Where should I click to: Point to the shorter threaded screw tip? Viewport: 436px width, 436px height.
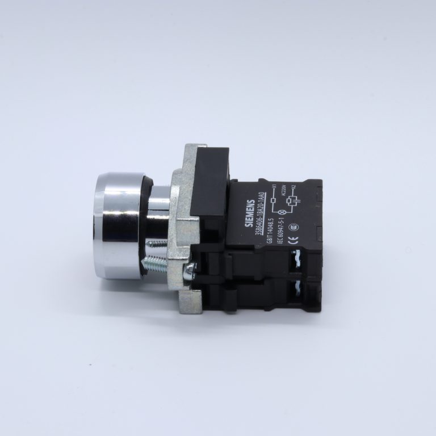157,243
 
